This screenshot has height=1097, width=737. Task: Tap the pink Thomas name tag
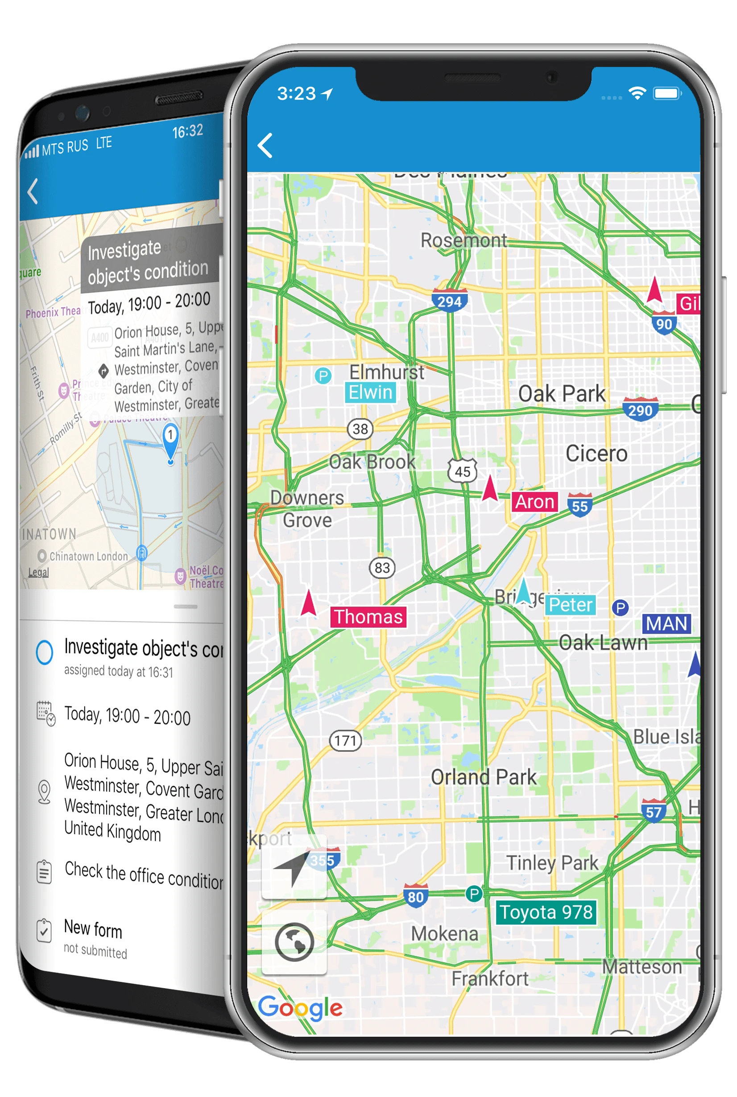click(368, 616)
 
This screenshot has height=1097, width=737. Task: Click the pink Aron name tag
click(534, 502)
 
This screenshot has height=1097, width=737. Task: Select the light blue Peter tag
click(570, 605)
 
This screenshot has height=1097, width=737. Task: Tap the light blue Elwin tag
click(370, 392)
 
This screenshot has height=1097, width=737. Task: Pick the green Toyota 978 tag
click(546, 912)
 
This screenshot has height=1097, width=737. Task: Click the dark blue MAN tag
click(666, 624)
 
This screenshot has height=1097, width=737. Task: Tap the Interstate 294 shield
click(449, 301)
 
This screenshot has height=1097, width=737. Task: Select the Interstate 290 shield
click(640, 410)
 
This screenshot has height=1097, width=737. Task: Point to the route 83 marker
click(382, 568)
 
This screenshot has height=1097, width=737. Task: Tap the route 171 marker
click(345, 740)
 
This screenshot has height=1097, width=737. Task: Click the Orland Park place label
click(483, 777)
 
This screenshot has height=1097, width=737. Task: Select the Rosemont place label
click(464, 240)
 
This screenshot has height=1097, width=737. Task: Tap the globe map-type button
click(294, 942)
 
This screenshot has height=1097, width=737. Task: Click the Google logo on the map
click(300, 1008)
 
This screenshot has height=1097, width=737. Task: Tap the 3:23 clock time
click(296, 94)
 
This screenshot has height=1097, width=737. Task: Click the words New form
click(93, 929)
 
